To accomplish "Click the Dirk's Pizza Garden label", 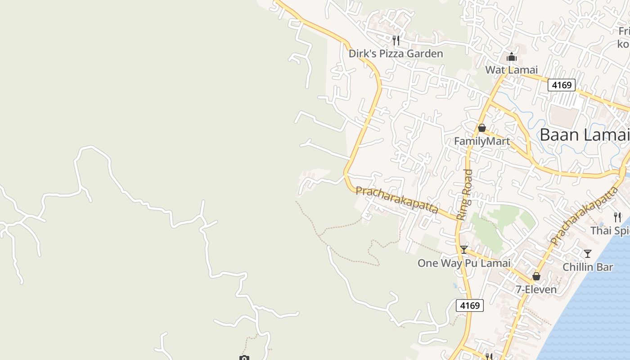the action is click(396, 54).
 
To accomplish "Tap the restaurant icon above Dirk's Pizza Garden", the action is click(396, 40).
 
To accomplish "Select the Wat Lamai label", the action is click(511, 70).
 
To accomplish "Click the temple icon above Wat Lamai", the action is click(511, 57).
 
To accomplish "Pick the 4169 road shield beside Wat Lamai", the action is click(561, 85).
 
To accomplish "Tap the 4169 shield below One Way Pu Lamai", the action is click(469, 306).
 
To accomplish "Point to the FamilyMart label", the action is click(481, 141).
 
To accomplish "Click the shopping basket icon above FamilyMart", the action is click(481, 128).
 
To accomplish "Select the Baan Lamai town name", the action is click(584, 135).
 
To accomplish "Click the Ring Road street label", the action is click(464, 194).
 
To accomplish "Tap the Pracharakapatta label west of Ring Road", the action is click(397, 200).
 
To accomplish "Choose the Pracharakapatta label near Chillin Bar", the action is click(584, 216).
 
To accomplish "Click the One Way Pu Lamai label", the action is click(463, 263).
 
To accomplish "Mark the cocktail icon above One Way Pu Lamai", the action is click(463, 250).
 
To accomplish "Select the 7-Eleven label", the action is click(536, 289).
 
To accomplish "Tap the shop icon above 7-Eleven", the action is click(536, 276).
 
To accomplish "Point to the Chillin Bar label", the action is click(588, 267).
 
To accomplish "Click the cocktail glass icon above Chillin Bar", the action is click(587, 254).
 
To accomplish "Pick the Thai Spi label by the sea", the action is click(610, 231).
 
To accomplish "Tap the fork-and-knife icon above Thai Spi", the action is click(617, 217).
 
